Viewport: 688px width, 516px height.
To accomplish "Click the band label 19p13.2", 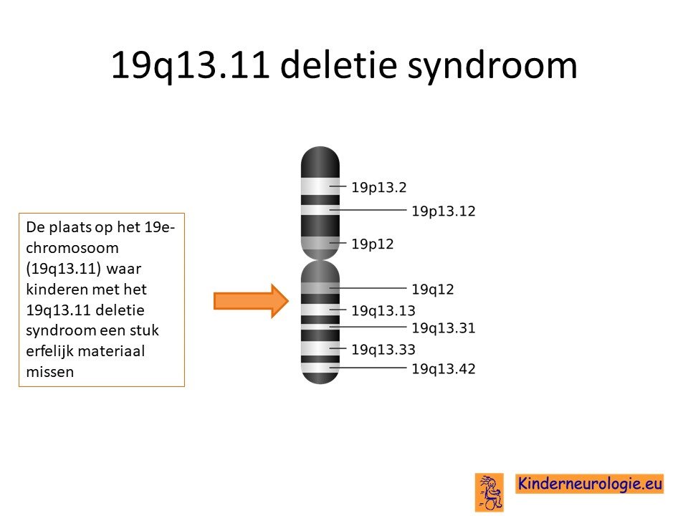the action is tap(379, 188).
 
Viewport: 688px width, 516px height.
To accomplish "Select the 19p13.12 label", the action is tap(444, 211).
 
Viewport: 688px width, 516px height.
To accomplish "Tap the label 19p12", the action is tap(373, 244).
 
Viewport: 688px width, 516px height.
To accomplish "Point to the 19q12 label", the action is tap(433, 290).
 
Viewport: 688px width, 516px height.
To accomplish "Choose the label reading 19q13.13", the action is tap(383, 311).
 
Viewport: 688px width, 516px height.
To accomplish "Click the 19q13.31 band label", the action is tap(444, 328).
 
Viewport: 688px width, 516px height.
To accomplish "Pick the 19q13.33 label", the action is tap(383, 350).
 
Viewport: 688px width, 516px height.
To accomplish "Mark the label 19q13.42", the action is tap(444, 369).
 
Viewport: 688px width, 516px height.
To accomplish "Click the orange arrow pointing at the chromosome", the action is tap(251, 301).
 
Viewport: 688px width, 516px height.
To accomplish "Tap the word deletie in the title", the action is tap(338, 65).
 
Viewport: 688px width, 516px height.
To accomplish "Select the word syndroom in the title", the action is tap(492, 67).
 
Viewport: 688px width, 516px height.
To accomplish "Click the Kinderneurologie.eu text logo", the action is tap(589, 484).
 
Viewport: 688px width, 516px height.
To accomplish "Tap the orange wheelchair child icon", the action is tap(489, 492).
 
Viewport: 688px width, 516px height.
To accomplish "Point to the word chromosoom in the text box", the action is tap(72, 248).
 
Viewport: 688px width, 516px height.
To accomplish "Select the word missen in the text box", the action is tap(50, 372).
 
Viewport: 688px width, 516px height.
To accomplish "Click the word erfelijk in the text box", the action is tap(47, 351).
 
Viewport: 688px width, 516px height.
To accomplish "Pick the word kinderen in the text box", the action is tap(56, 290).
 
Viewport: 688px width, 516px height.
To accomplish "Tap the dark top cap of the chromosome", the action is tap(320, 162).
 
